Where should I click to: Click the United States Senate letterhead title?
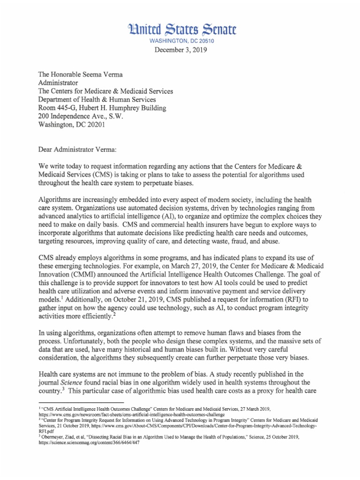180,31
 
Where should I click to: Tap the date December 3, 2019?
180,51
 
